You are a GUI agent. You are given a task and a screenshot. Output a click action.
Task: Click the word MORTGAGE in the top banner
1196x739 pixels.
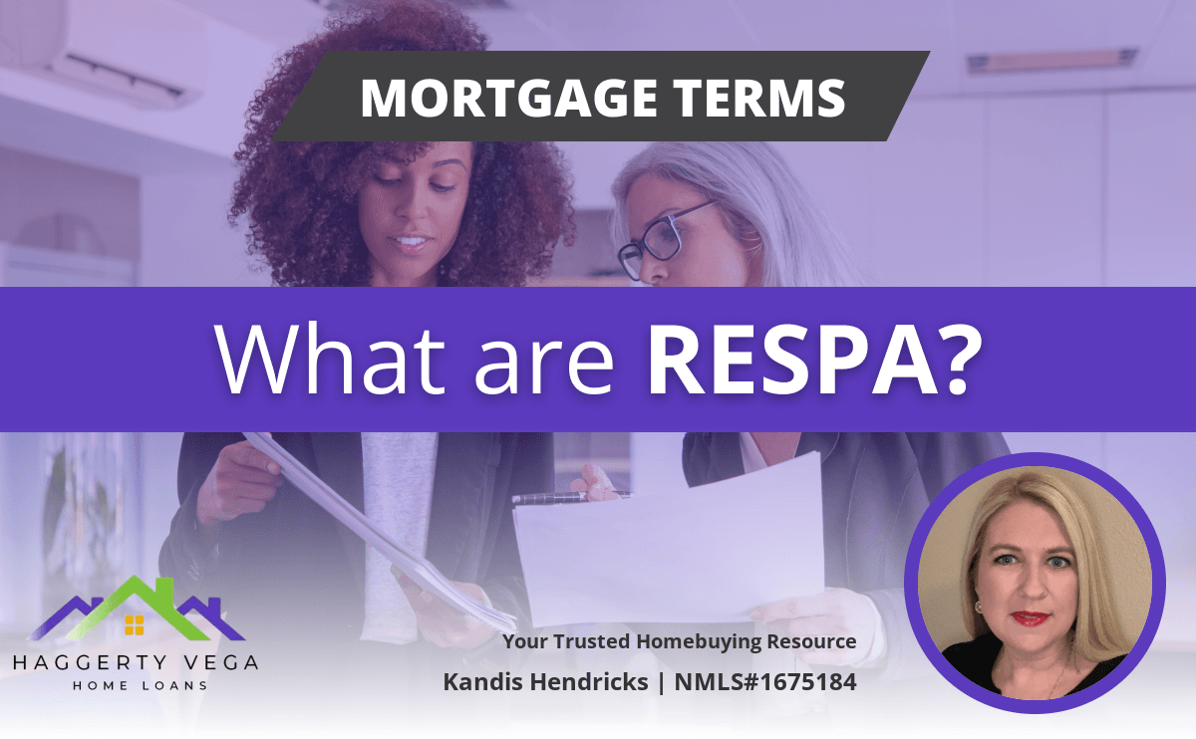click(x=509, y=98)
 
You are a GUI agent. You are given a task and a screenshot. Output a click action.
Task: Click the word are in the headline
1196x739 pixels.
click(x=544, y=368)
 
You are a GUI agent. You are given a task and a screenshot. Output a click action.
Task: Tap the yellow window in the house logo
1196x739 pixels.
click(x=134, y=624)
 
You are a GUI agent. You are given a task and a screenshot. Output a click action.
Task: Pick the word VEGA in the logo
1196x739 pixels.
click(x=221, y=662)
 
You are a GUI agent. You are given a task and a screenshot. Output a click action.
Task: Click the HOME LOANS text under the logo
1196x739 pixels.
click(x=140, y=685)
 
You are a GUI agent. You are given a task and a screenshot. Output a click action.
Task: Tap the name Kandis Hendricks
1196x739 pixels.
click(x=546, y=682)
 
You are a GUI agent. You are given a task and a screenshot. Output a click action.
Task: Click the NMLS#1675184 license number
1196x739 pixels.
click(x=765, y=682)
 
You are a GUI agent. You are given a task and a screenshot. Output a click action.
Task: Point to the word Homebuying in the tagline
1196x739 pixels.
click(x=700, y=641)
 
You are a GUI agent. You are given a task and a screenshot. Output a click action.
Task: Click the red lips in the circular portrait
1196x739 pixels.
click(x=1030, y=618)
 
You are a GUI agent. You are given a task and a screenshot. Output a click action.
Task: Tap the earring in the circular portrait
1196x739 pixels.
click(x=979, y=607)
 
